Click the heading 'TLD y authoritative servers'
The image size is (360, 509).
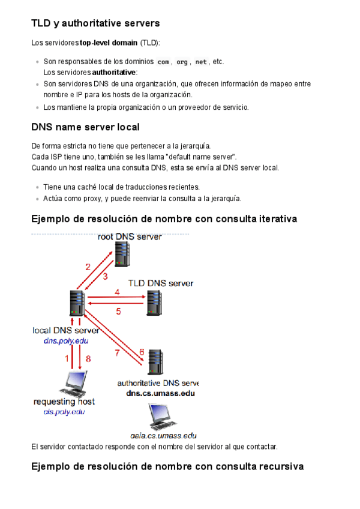pos(95,24)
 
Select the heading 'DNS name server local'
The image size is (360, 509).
pos(85,127)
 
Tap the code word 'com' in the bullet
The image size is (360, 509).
pos(163,62)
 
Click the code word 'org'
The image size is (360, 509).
pos(182,62)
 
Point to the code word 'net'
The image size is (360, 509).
pos(200,62)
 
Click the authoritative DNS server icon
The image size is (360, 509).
pos(156,362)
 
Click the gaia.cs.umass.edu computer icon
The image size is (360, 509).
pos(160,416)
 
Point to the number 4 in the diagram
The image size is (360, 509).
pos(118,292)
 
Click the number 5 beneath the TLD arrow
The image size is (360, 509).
pos(119,311)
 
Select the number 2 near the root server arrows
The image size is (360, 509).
pos(88,267)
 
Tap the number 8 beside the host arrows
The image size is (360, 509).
pos(88,359)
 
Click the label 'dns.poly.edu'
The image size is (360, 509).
pos(65,341)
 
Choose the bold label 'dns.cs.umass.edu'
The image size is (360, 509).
pos(160,394)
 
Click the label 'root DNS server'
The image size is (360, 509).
pos(130,236)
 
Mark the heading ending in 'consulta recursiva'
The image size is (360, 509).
pos(167,466)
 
